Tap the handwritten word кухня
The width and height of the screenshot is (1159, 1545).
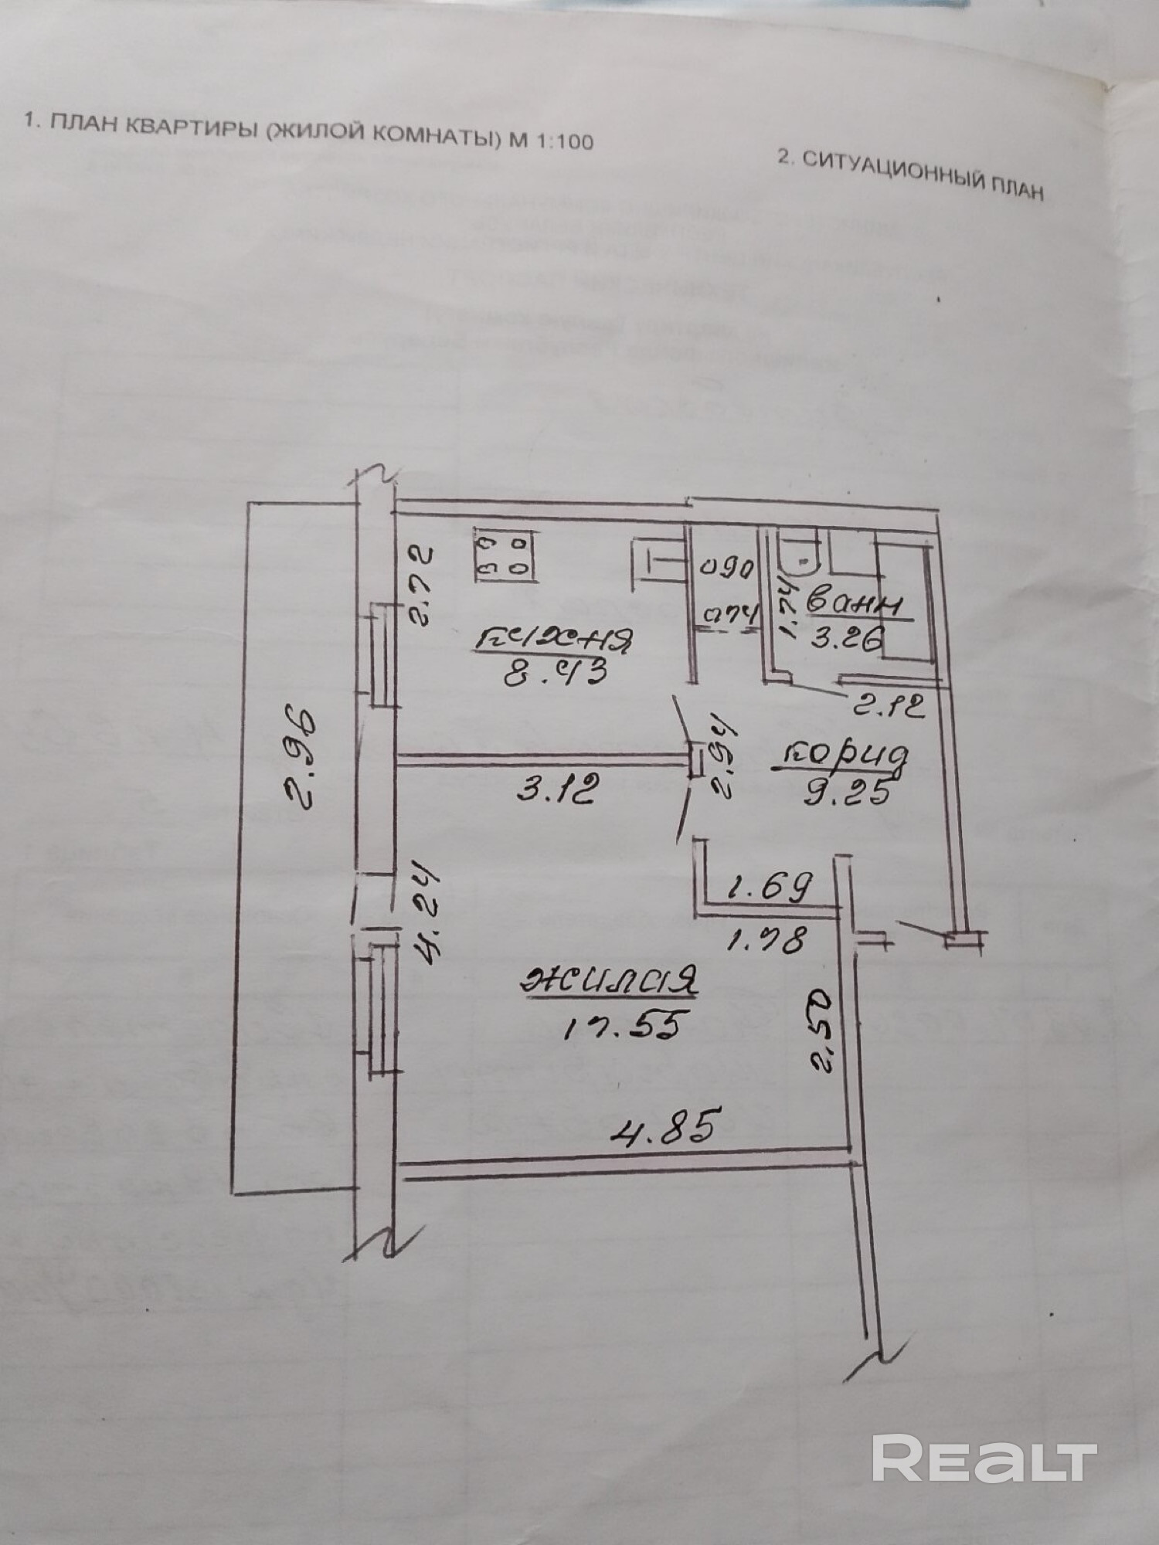(x=556, y=639)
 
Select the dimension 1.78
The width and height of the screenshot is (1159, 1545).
(x=766, y=941)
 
